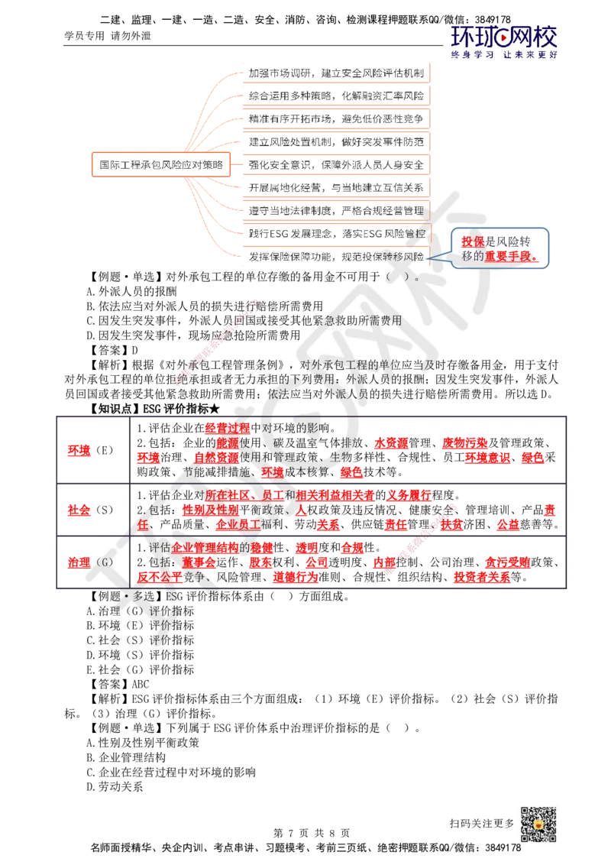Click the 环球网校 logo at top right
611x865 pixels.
(x=503, y=42)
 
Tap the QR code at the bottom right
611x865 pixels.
(x=538, y=824)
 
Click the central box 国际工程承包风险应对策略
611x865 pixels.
(x=161, y=164)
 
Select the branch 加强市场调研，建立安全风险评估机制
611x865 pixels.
(x=336, y=73)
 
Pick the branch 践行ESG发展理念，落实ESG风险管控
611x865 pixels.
(x=336, y=233)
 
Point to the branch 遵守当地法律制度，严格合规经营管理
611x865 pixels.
(x=336, y=211)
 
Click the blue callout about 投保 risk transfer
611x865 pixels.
(x=499, y=248)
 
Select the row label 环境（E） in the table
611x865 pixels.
(x=90, y=450)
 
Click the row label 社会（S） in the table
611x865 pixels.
(x=90, y=510)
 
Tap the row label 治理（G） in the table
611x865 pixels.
(x=90, y=562)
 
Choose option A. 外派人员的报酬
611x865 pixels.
(x=131, y=291)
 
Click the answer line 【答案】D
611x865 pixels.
(x=113, y=350)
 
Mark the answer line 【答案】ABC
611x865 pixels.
(x=118, y=684)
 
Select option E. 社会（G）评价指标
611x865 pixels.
(x=140, y=669)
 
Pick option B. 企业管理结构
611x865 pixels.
(x=126, y=757)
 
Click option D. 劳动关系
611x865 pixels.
(x=115, y=786)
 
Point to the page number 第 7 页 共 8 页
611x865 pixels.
(x=312, y=833)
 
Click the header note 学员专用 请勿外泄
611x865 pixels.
(x=108, y=36)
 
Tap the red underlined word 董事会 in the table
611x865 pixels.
(x=199, y=562)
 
